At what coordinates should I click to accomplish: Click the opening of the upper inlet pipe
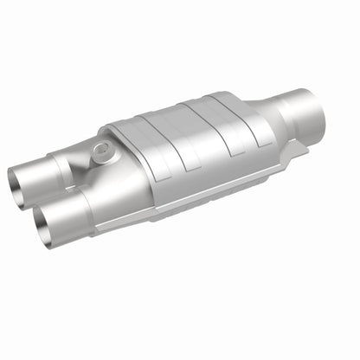pyautogui.click(x=21, y=183)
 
